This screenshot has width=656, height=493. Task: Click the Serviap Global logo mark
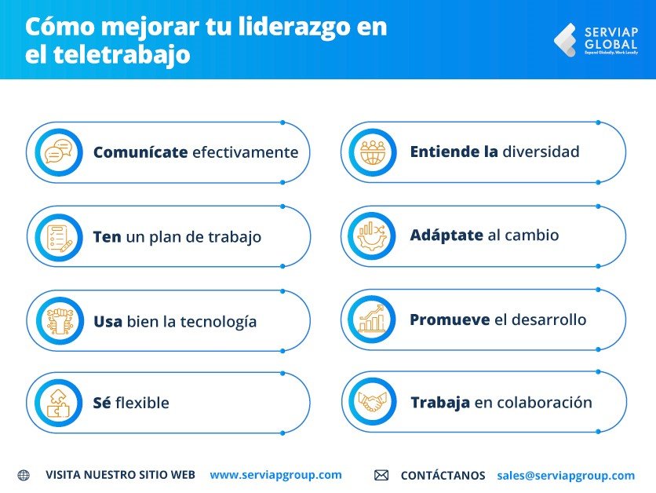(564, 40)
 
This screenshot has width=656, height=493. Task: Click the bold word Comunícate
(140, 152)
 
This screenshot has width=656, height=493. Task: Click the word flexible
(142, 404)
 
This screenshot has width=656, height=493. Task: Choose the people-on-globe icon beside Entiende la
(373, 152)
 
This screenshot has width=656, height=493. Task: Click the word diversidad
(541, 152)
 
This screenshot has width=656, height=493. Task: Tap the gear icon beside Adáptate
(373, 236)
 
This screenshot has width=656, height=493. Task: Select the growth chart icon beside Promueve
(373, 320)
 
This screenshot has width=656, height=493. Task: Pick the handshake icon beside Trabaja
(373, 402)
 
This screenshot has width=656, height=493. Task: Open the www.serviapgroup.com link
(275, 475)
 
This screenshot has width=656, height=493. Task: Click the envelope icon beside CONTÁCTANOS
(381, 475)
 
